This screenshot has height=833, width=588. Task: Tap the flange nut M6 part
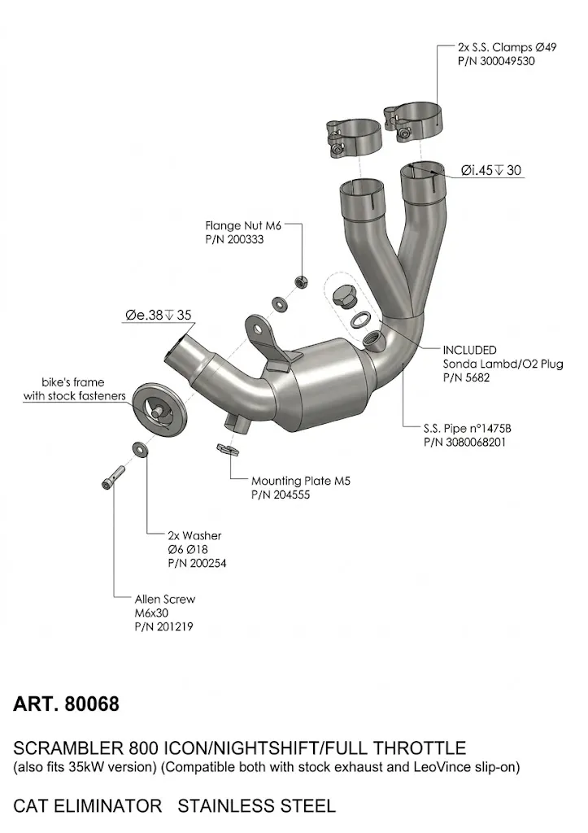coord(298,281)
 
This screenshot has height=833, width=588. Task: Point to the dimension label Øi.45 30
coord(491,171)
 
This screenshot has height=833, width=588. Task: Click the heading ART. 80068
coord(67,704)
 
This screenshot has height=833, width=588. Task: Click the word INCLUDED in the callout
coord(468,351)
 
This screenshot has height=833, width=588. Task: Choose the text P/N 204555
coord(281,495)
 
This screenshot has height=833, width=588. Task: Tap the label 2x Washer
coord(194,536)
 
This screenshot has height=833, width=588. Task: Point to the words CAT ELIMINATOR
coord(88,806)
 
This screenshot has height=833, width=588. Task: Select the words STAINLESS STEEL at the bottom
coord(256,806)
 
